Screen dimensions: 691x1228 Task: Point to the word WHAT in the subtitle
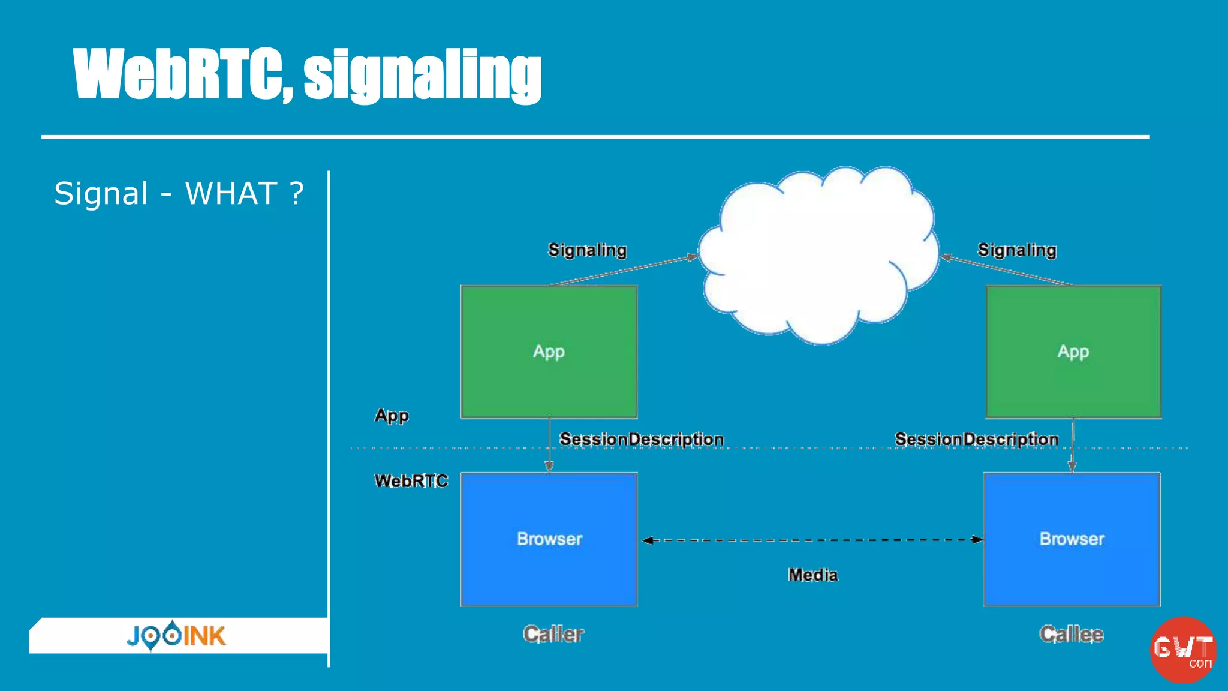(231, 194)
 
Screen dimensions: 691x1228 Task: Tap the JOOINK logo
(176, 636)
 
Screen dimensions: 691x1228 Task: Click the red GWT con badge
(1182, 650)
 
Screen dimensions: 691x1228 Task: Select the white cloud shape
(818, 255)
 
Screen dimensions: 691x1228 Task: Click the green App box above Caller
(549, 351)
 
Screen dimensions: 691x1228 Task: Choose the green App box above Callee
(1073, 351)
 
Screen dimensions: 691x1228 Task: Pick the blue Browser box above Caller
(549, 539)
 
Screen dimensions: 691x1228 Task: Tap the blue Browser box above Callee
(1072, 539)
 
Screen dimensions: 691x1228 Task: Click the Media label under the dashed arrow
(812, 575)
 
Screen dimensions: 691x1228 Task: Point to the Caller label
(553, 634)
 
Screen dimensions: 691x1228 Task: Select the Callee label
(1071, 634)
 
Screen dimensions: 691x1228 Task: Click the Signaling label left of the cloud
(587, 250)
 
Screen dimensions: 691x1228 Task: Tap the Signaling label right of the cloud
(1016, 250)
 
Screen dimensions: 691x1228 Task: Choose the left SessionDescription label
(642, 440)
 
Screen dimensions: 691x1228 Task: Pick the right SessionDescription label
(976, 440)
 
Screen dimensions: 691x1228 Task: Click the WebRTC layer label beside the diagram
(411, 481)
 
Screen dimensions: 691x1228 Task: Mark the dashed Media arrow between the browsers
(812, 540)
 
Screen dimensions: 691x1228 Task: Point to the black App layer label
(392, 416)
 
